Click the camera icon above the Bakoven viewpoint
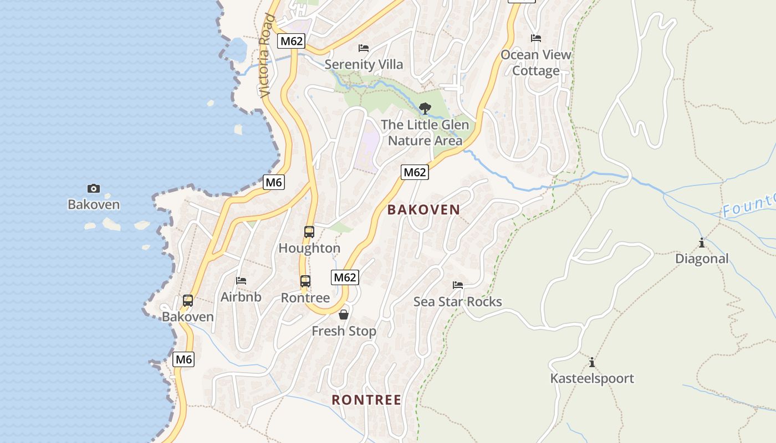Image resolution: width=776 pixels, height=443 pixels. (94, 189)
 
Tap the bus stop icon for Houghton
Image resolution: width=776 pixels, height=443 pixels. (309, 232)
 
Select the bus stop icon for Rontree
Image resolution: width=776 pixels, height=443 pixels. (305, 281)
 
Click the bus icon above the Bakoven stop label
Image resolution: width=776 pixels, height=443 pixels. (188, 301)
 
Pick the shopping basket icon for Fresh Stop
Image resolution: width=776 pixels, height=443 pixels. (344, 315)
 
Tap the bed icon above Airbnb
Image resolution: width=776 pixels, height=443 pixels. (241, 281)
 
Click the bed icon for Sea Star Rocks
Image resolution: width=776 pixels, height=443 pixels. (458, 285)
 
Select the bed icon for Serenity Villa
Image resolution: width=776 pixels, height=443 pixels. (364, 48)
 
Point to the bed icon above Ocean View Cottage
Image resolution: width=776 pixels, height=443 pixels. (536, 38)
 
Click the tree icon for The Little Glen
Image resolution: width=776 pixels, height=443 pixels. (425, 109)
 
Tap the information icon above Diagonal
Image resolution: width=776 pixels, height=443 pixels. (702, 243)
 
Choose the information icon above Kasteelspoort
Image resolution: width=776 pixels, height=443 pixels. (592, 363)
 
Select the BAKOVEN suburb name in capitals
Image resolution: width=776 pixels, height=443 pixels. (423, 210)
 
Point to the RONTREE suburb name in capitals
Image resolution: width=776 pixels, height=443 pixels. (366, 400)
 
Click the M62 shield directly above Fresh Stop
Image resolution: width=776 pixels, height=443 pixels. (345, 277)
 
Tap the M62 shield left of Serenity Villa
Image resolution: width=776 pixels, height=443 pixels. (292, 41)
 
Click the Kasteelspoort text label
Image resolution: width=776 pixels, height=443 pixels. (592, 379)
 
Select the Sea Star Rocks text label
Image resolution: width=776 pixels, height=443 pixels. (458, 302)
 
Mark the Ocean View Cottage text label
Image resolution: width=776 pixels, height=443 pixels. (536, 63)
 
